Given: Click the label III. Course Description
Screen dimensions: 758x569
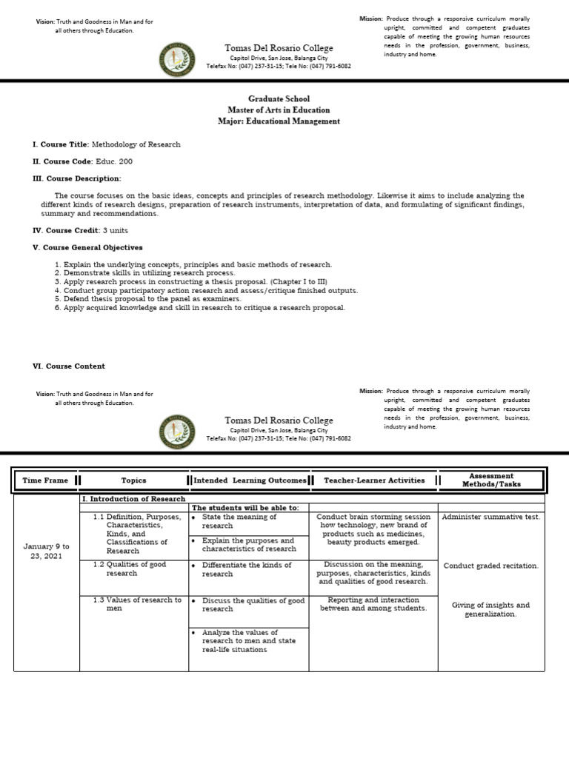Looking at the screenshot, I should click(x=76, y=178).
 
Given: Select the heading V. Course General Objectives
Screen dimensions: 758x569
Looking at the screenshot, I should click(x=87, y=247).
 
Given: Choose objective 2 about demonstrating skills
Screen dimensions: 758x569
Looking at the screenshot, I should click(x=139, y=273).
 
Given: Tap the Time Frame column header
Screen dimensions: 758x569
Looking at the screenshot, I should click(x=45, y=480).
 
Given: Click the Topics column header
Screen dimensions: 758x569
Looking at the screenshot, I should click(x=134, y=480).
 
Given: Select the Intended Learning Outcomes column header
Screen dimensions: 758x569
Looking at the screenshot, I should click(x=250, y=480).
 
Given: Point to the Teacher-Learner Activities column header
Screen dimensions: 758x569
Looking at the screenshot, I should click(x=374, y=480).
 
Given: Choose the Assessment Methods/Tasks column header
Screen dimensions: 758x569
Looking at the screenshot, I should click(x=493, y=480).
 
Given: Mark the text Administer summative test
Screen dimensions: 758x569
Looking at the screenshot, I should click(x=490, y=517).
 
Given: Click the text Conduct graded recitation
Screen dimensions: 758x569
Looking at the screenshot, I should click(x=490, y=566).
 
